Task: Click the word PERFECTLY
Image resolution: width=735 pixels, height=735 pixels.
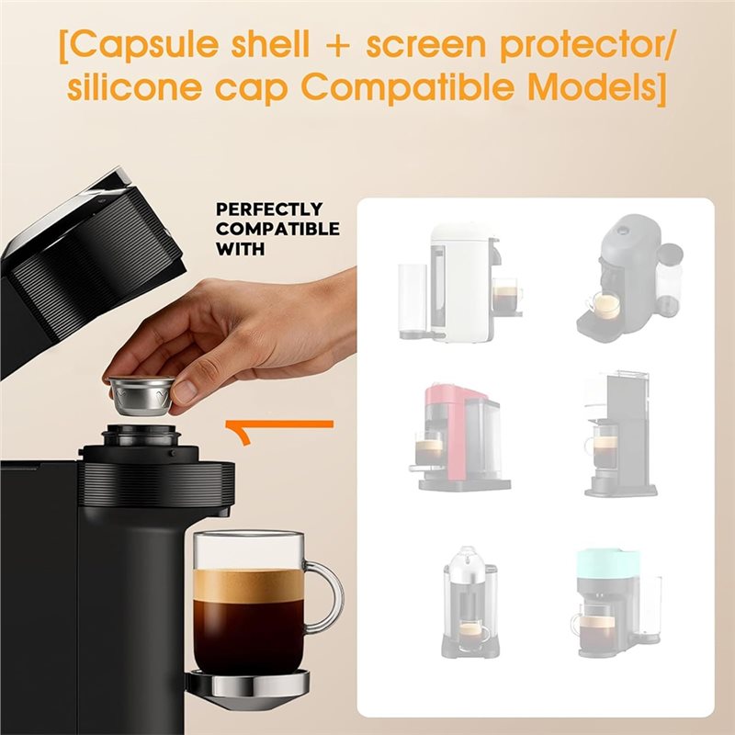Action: pyautogui.click(x=269, y=209)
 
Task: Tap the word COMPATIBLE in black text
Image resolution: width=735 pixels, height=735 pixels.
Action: pyautogui.click(x=277, y=229)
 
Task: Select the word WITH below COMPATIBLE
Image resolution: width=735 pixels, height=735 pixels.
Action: pyautogui.click(x=240, y=249)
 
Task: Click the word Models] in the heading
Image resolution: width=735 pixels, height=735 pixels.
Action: pyautogui.click(x=598, y=87)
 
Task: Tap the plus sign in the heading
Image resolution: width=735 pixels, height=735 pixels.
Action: pyautogui.click(x=336, y=45)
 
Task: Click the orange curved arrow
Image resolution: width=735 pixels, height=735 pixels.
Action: pyautogui.click(x=279, y=425)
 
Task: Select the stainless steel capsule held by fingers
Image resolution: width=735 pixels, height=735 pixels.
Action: pyautogui.click(x=141, y=396)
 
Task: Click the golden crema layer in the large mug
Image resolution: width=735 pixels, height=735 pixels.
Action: pyautogui.click(x=248, y=585)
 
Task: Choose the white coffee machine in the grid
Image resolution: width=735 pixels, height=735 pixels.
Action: pyautogui.click(x=460, y=283)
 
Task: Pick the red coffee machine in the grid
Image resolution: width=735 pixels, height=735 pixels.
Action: pyautogui.click(x=458, y=437)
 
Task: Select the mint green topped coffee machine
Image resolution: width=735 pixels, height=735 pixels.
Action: pyautogui.click(x=616, y=604)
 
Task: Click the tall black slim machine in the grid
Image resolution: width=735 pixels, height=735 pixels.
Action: pyautogui.click(x=620, y=434)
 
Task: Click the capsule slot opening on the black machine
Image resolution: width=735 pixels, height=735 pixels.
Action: pyautogui.click(x=141, y=430)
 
